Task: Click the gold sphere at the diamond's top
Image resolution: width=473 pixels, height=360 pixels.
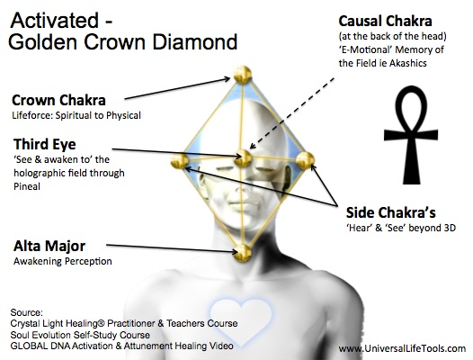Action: [243, 75]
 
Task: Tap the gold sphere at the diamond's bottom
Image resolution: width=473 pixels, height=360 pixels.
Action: [243, 253]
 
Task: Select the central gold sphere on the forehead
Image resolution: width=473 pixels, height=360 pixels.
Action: [243, 158]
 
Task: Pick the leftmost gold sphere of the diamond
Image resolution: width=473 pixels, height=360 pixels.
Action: [180, 160]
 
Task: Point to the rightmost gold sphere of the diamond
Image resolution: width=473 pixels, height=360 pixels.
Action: [305, 160]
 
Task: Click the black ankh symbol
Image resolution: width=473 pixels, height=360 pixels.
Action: [411, 135]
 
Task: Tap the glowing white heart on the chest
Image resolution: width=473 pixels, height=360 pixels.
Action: [241, 320]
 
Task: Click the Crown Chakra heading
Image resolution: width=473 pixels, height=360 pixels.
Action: [58, 100]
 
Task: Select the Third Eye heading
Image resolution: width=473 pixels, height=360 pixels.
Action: [45, 144]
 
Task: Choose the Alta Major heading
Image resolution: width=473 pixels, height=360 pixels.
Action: [49, 246]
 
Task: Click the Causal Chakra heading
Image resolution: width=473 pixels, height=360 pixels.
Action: [385, 21]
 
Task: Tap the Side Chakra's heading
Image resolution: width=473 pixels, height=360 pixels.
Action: [391, 212]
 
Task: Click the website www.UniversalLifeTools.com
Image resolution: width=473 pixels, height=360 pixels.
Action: [402, 348]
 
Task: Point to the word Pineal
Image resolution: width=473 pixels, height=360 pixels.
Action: [27, 186]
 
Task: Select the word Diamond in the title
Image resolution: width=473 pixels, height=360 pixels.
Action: [195, 41]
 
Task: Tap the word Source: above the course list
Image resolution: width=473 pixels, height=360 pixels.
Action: [27, 312]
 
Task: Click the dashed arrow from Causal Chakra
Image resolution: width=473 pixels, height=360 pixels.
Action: [292, 113]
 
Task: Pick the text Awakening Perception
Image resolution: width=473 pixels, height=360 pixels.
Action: [63, 261]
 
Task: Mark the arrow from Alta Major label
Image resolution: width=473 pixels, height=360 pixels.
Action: [172, 248]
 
